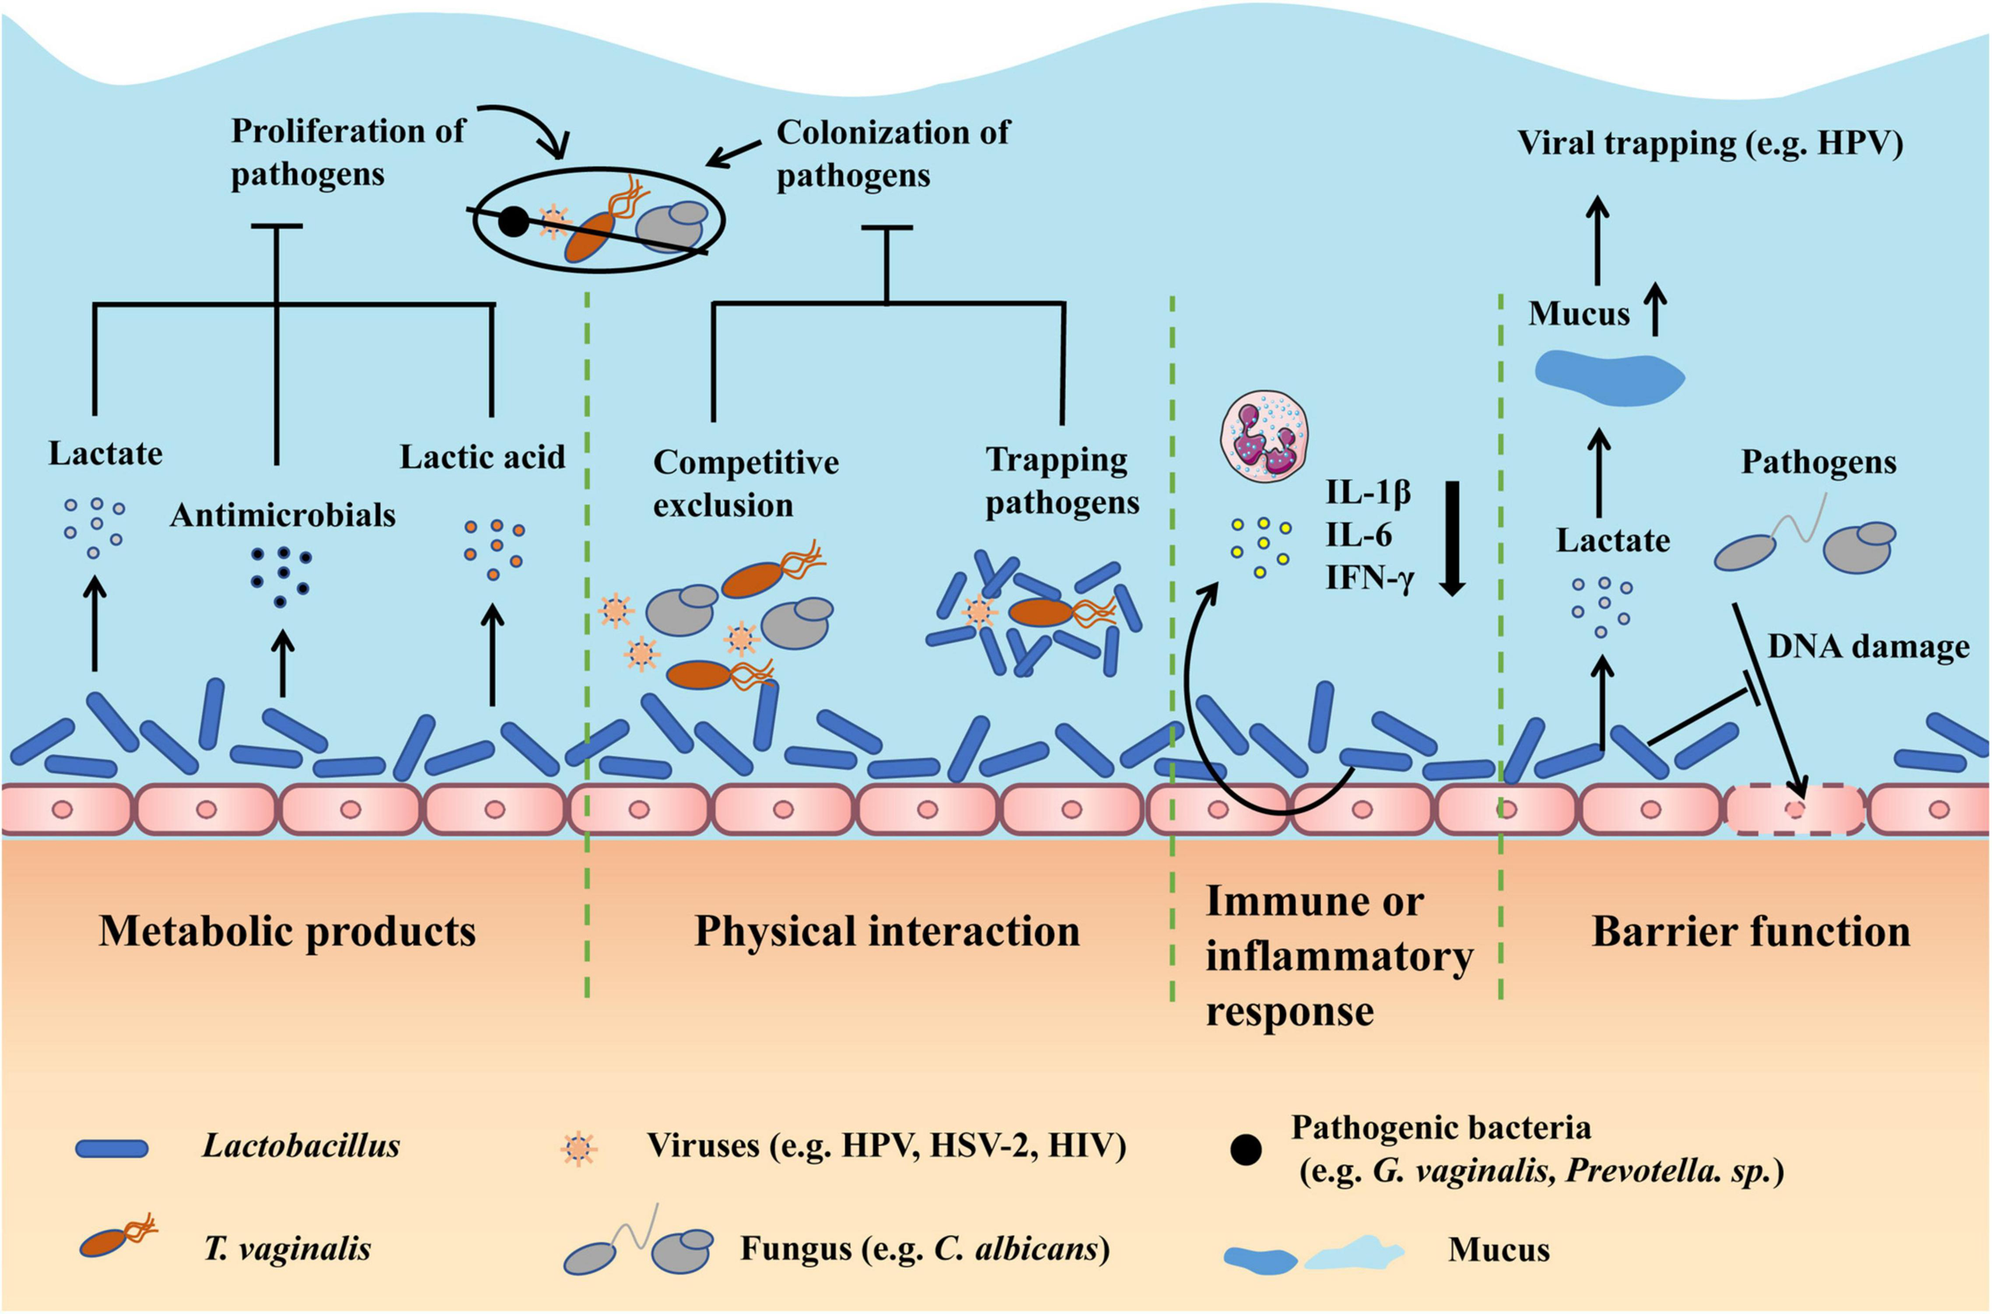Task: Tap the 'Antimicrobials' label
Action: point(282,516)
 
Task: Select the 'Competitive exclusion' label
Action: point(746,484)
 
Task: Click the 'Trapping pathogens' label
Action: point(1062,481)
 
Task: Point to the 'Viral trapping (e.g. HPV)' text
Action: point(1711,144)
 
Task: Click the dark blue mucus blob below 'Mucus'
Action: point(1609,379)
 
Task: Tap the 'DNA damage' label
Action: point(1868,647)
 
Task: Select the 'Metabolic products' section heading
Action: point(288,931)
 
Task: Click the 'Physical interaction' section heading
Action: point(888,931)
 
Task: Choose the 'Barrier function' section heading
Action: point(1751,931)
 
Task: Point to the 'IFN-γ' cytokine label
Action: point(1370,579)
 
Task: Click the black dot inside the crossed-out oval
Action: point(514,222)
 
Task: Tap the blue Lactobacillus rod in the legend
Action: point(112,1148)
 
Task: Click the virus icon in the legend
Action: point(579,1148)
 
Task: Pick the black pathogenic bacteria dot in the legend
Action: point(1245,1151)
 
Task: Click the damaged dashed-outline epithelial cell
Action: point(1795,810)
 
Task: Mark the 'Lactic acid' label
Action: point(483,457)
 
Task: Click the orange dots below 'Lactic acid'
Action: point(495,549)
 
